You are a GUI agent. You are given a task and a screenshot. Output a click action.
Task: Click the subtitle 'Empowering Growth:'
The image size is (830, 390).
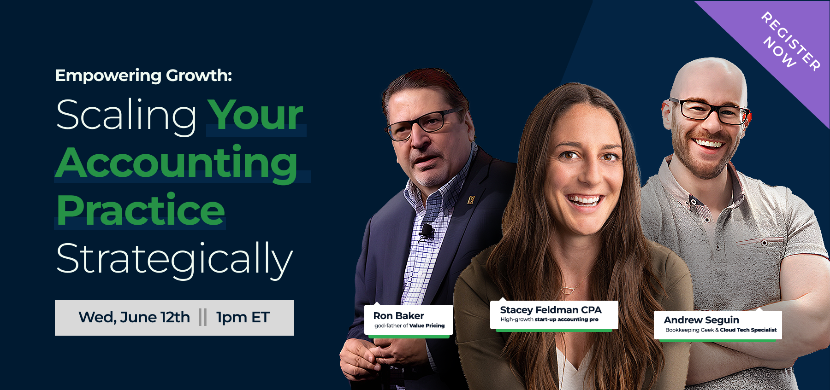pyautogui.click(x=143, y=76)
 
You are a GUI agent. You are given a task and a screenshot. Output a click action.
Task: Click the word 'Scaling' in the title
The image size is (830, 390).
pyautogui.click(x=126, y=116)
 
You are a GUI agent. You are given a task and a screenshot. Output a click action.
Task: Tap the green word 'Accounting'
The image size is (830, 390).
pyautogui.click(x=177, y=163)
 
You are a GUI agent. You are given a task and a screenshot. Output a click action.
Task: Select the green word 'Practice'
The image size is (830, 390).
pyautogui.click(x=141, y=210)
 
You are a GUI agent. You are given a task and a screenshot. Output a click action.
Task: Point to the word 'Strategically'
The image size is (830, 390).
pyautogui.click(x=174, y=259)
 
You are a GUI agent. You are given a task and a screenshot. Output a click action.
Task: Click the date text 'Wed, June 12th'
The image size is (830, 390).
pyautogui.click(x=134, y=317)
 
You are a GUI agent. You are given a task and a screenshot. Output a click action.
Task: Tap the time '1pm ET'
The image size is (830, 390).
pyautogui.click(x=243, y=318)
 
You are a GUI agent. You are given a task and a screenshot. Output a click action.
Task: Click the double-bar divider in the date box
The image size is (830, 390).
pyautogui.click(x=203, y=317)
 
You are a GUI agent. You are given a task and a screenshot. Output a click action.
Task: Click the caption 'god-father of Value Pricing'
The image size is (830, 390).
pyautogui.click(x=409, y=326)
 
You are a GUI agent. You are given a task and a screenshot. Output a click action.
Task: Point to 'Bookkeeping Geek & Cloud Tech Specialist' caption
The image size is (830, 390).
pyautogui.click(x=721, y=330)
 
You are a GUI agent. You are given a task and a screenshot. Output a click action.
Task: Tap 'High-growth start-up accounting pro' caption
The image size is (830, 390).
pyautogui.click(x=549, y=320)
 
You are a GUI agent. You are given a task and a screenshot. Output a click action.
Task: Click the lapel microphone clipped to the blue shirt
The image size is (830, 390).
pyautogui.click(x=427, y=231)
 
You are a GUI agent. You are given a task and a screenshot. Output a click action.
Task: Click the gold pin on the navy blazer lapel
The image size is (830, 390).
pyautogui.click(x=471, y=199)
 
